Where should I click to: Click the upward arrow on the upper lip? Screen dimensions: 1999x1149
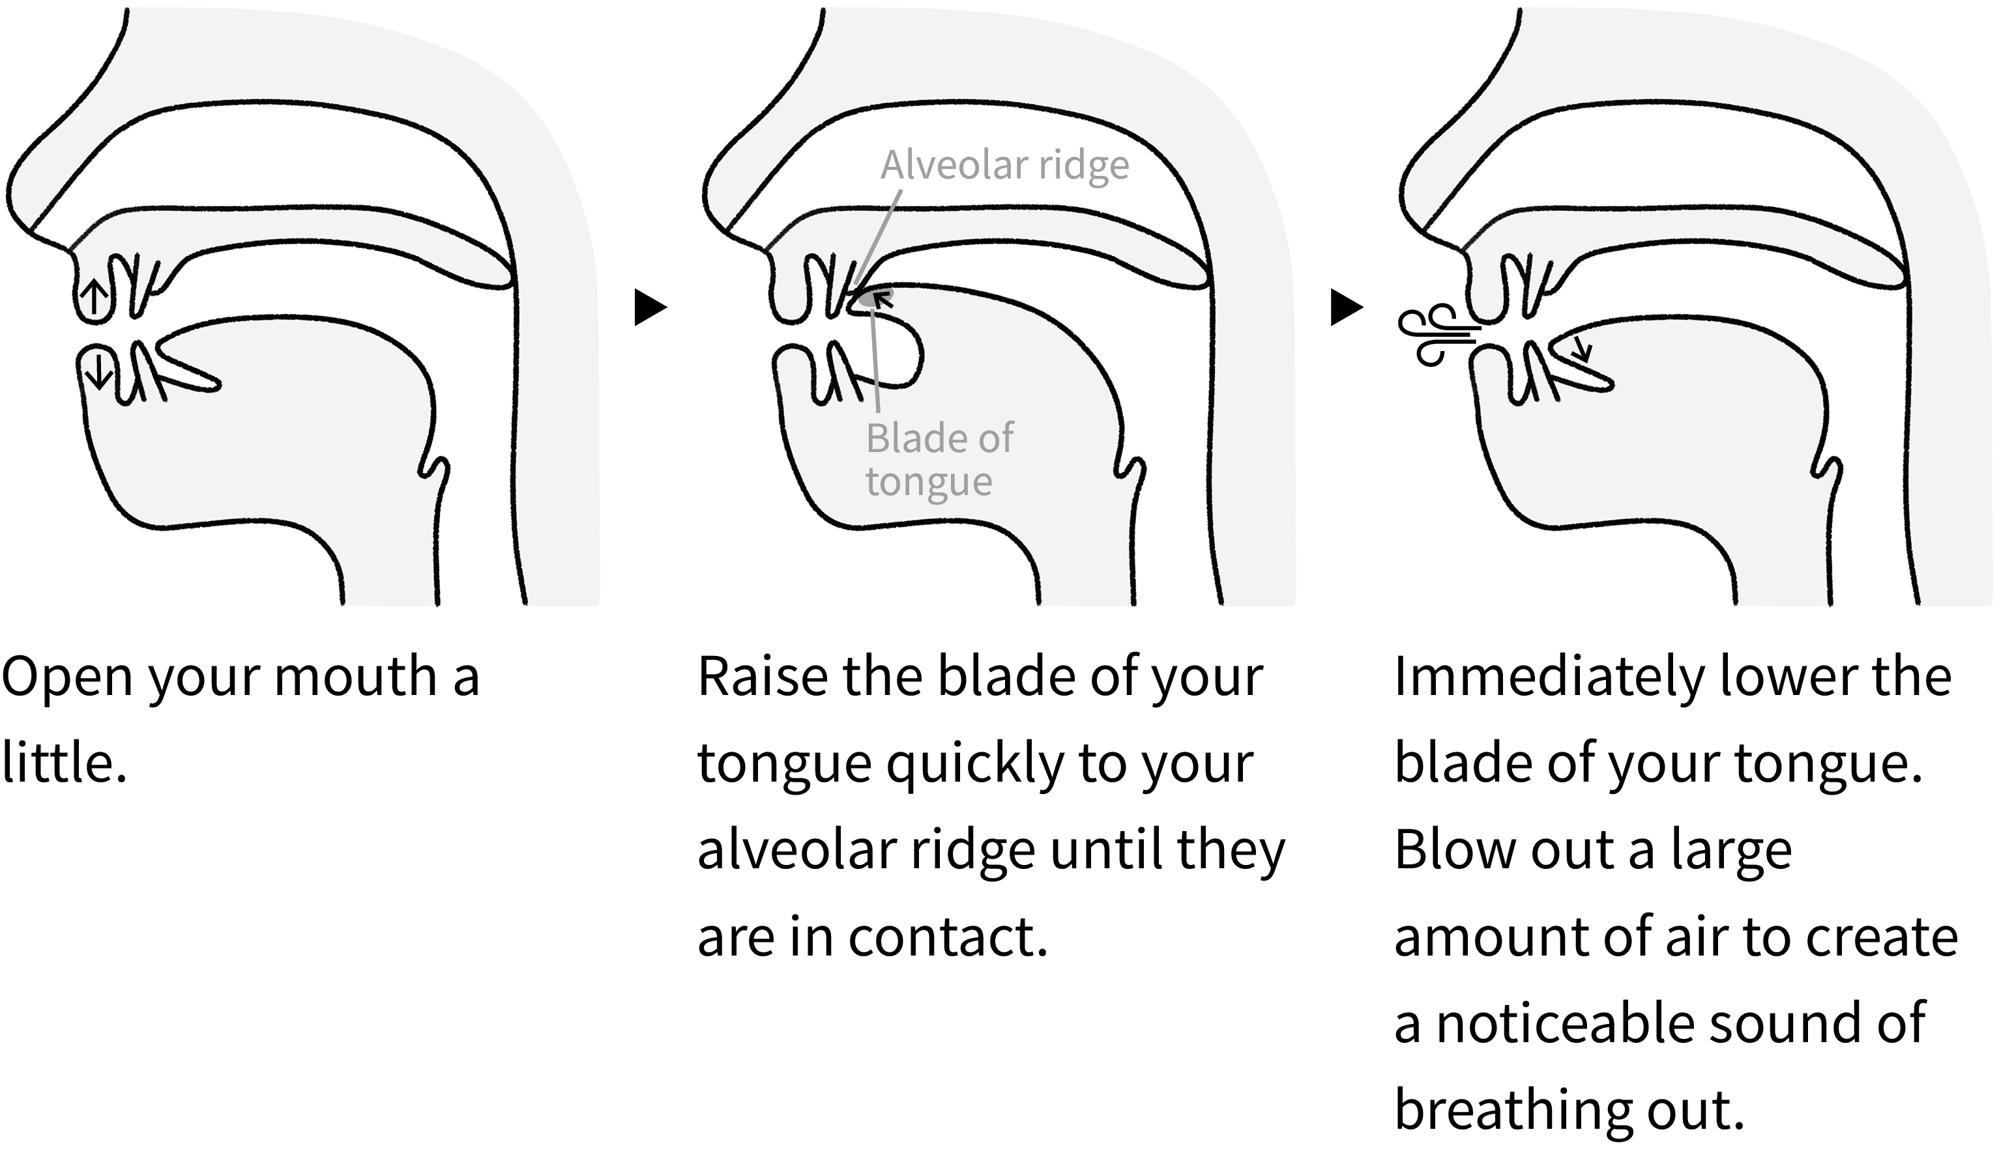coord(94,298)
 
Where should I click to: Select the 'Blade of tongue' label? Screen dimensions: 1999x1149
coord(939,459)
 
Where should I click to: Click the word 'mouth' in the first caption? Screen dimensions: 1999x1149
coord(355,678)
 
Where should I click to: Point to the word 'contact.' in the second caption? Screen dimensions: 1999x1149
coord(948,937)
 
